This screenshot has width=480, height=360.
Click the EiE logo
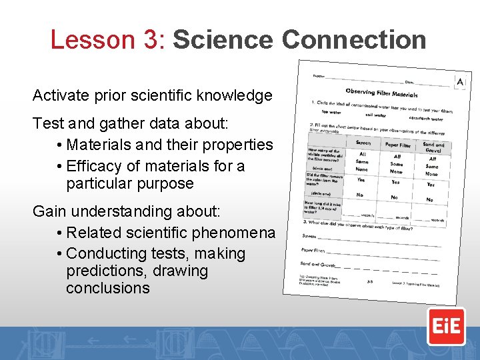tap(446, 326)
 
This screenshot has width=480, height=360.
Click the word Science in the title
tap(223, 40)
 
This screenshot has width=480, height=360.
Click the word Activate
tap(62, 95)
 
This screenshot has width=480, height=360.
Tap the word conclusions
tap(107, 288)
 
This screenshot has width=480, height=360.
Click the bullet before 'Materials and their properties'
tap(60, 145)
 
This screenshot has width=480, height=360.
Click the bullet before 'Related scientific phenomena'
tap(60, 233)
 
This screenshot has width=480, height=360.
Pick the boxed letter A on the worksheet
tap(459, 81)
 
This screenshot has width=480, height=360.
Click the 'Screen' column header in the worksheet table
tap(363, 142)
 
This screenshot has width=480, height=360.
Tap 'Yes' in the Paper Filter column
tap(395, 181)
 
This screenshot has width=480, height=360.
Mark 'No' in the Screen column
tap(360, 195)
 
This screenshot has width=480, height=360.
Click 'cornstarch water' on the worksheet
tap(427, 118)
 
